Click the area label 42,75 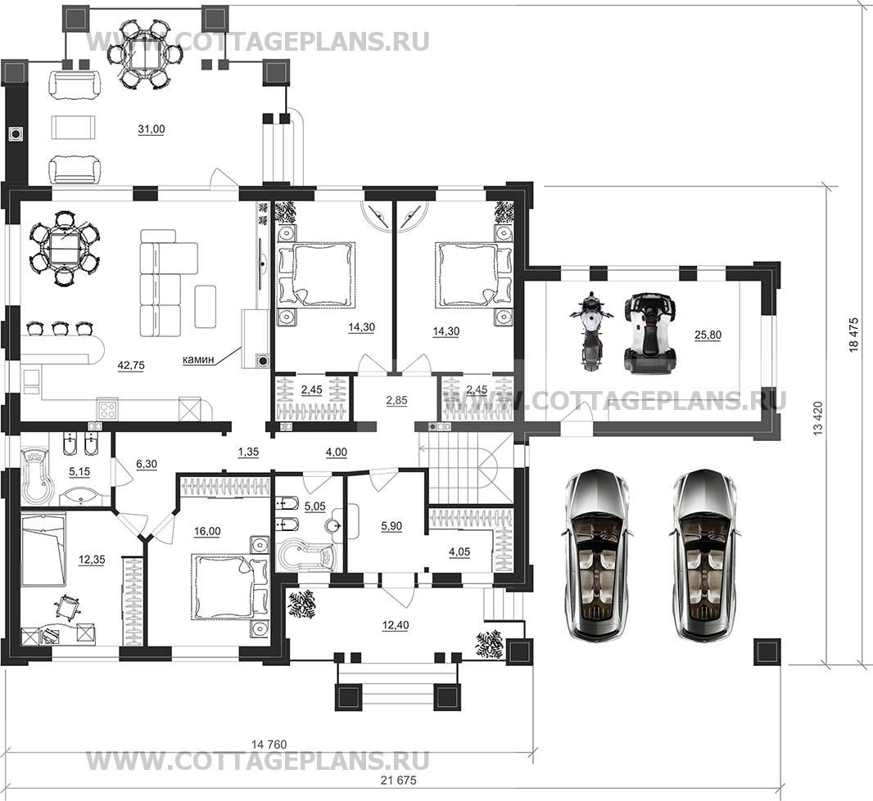point(131,366)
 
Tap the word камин point(198,360)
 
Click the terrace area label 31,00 point(152,129)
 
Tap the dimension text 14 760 point(269,745)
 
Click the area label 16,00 point(206,531)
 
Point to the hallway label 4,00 point(336,452)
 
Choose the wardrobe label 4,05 point(459,551)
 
